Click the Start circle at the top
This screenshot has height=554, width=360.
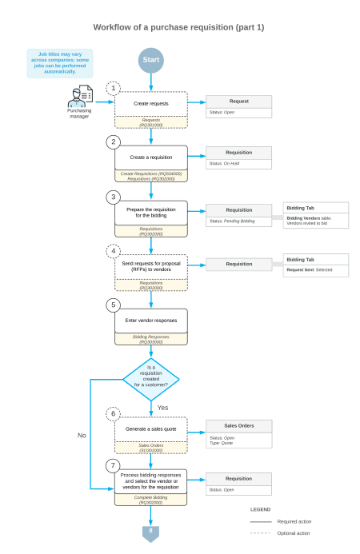[150, 60]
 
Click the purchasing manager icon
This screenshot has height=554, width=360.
[79, 100]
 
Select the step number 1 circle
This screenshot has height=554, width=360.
[114, 87]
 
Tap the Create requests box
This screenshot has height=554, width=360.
[150, 104]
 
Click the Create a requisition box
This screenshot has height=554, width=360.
[150, 157]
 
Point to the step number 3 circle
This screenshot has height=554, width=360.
[114, 196]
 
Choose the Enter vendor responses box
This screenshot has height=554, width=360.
[150, 321]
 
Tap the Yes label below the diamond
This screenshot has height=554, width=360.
[162, 407]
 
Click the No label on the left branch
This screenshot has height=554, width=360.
[81, 436]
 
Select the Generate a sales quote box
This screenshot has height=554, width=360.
[150, 429]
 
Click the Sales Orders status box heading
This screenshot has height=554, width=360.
[238, 425]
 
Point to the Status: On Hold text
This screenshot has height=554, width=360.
[226, 163]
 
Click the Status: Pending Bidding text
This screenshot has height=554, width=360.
[232, 221]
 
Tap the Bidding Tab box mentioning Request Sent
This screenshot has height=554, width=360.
[315, 265]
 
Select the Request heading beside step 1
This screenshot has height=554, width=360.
[238, 102]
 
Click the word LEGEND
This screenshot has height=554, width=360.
[261, 508]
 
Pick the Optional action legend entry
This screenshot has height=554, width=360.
[294, 533]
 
